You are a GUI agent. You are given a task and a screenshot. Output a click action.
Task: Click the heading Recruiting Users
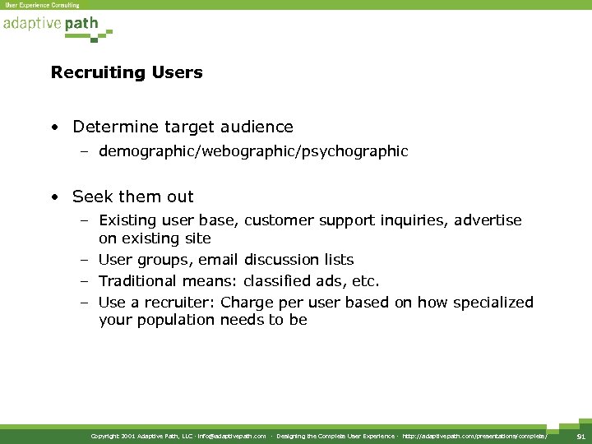127,73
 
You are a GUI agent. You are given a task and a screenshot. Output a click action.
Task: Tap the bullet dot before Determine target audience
53,127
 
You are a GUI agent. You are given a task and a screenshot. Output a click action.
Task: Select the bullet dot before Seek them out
53,197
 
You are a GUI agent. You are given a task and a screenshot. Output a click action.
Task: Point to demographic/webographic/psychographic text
253,151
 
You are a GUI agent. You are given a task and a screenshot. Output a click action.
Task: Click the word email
218,260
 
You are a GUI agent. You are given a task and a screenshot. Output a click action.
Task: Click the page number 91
580,435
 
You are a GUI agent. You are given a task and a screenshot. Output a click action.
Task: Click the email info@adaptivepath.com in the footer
232,436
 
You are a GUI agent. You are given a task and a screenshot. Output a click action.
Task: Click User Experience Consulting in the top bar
42,5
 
